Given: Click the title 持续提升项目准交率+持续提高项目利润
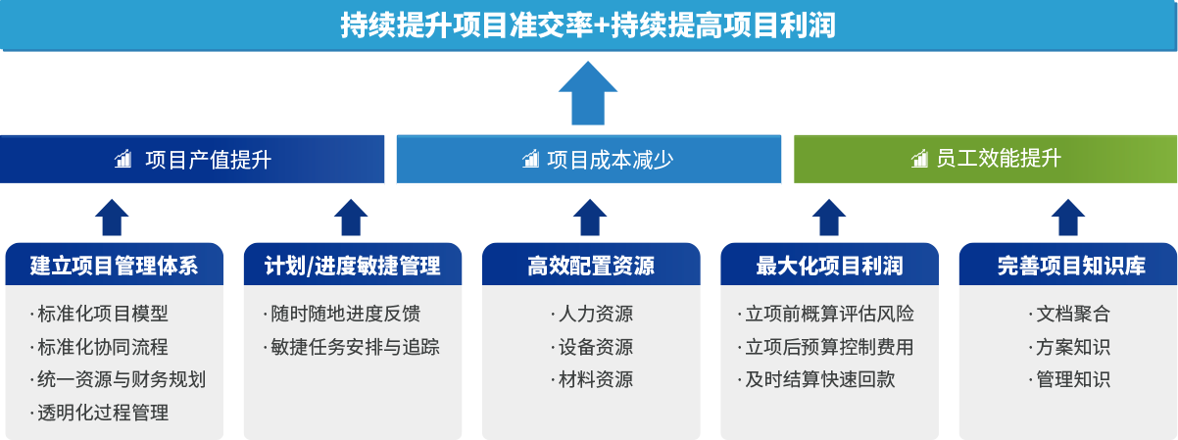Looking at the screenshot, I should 588,25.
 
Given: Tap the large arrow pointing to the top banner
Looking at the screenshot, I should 588,94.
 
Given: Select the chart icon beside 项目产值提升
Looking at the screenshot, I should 123,160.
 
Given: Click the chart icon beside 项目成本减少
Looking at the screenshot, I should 530,160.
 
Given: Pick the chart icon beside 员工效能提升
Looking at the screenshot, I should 919,160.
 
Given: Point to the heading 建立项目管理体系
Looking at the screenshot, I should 114,266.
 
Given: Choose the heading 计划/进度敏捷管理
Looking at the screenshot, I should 352,266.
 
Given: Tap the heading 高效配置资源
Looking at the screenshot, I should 590,266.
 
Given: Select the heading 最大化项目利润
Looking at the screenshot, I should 829,266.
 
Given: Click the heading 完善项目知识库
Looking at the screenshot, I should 1067,266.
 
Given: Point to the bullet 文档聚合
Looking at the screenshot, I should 1071,315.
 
